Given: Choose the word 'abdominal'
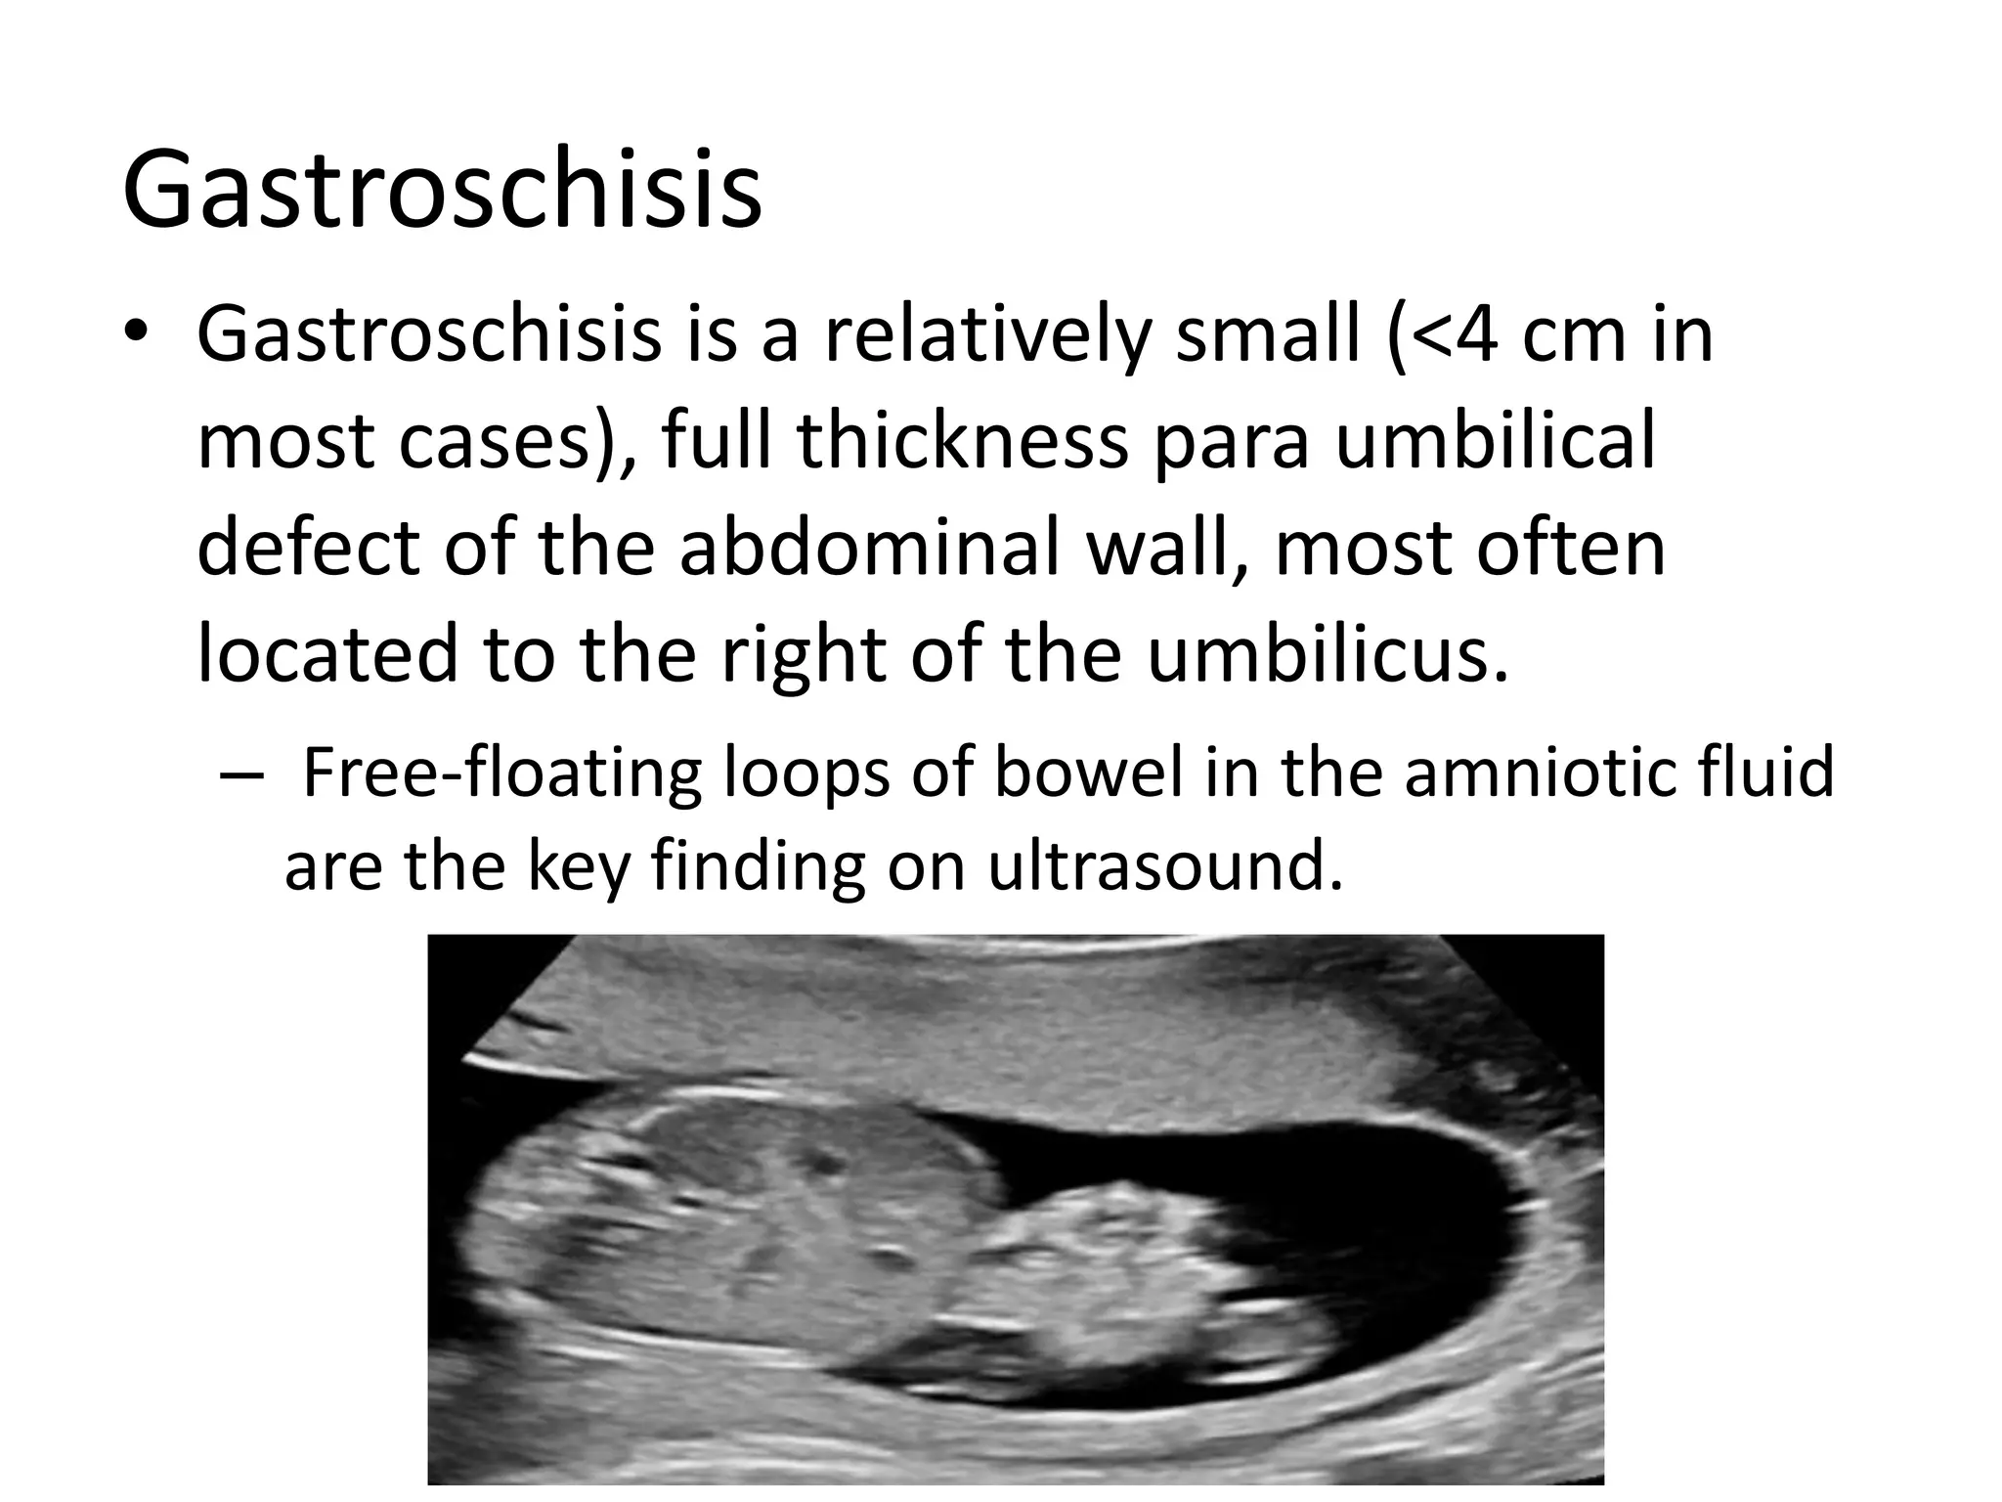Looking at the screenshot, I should pyautogui.click(x=870, y=548).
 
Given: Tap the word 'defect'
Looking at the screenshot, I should pyautogui.click(x=309, y=548).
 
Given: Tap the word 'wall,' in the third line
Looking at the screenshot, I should pyautogui.click(x=1167, y=548).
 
